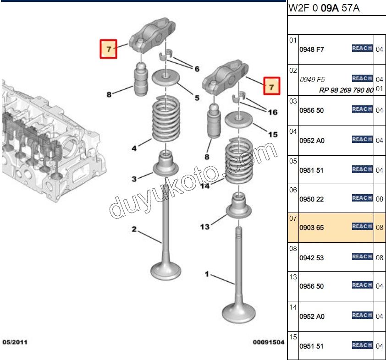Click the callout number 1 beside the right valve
point(207,274)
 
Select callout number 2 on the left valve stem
point(134,229)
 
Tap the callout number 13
point(204,226)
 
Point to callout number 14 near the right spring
point(205,186)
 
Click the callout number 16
point(272,112)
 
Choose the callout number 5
point(197,98)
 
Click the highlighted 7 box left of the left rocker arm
point(109,49)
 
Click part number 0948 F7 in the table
point(311,49)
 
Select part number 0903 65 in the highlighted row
point(311,227)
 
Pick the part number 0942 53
point(311,258)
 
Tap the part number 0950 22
point(311,199)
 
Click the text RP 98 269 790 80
point(346,90)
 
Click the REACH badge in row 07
point(362,226)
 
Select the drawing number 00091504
point(268,342)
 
